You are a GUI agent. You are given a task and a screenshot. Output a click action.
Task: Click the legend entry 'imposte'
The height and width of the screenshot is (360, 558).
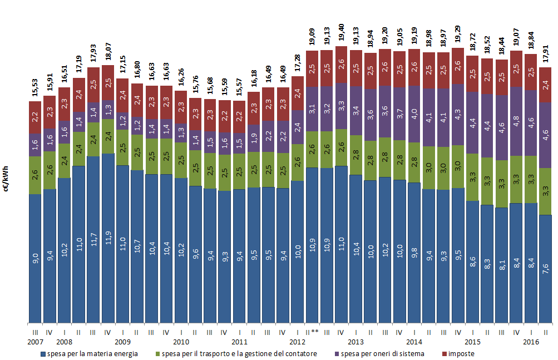pyautogui.click(x=461, y=353)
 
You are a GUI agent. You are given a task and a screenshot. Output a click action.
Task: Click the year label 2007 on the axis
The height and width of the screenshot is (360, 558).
pyautogui.click(x=35, y=342)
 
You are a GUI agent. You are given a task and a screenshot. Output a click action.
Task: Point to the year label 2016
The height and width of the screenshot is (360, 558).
pyautogui.click(x=531, y=342)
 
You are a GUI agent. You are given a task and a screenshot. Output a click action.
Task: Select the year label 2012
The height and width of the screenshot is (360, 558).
pyautogui.click(x=298, y=342)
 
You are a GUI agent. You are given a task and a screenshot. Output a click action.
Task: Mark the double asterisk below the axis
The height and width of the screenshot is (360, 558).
pyautogui.click(x=314, y=332)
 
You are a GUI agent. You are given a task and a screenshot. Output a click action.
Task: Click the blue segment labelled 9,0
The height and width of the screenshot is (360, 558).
pyautogui.click(x=35, y=258)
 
